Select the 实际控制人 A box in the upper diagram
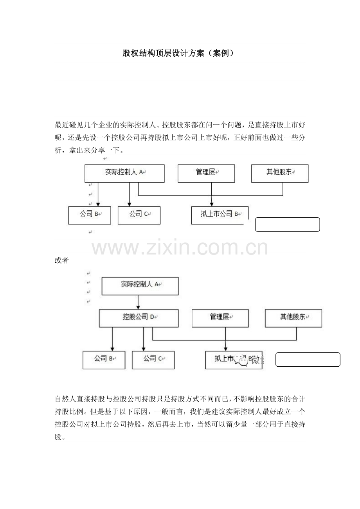[124, 173]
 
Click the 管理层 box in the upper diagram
[206, 173]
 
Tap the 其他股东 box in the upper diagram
[280, 173]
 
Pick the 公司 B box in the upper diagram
[90, 215]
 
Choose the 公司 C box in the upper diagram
[139, 215]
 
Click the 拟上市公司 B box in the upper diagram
[220, 215]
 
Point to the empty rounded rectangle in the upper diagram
[288, 225]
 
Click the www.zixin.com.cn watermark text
[180, 247]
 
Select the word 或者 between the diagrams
[61, 261]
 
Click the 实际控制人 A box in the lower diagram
[140, 286]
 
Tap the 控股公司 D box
[139, 318]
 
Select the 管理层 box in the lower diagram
[220, 318]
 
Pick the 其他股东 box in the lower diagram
[293, 318]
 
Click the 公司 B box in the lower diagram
[104, 360]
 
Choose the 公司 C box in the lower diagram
[153, 360]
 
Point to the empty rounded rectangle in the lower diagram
[308, 359]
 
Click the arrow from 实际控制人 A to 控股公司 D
[139, 302]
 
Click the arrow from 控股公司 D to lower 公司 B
[113, 339]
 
